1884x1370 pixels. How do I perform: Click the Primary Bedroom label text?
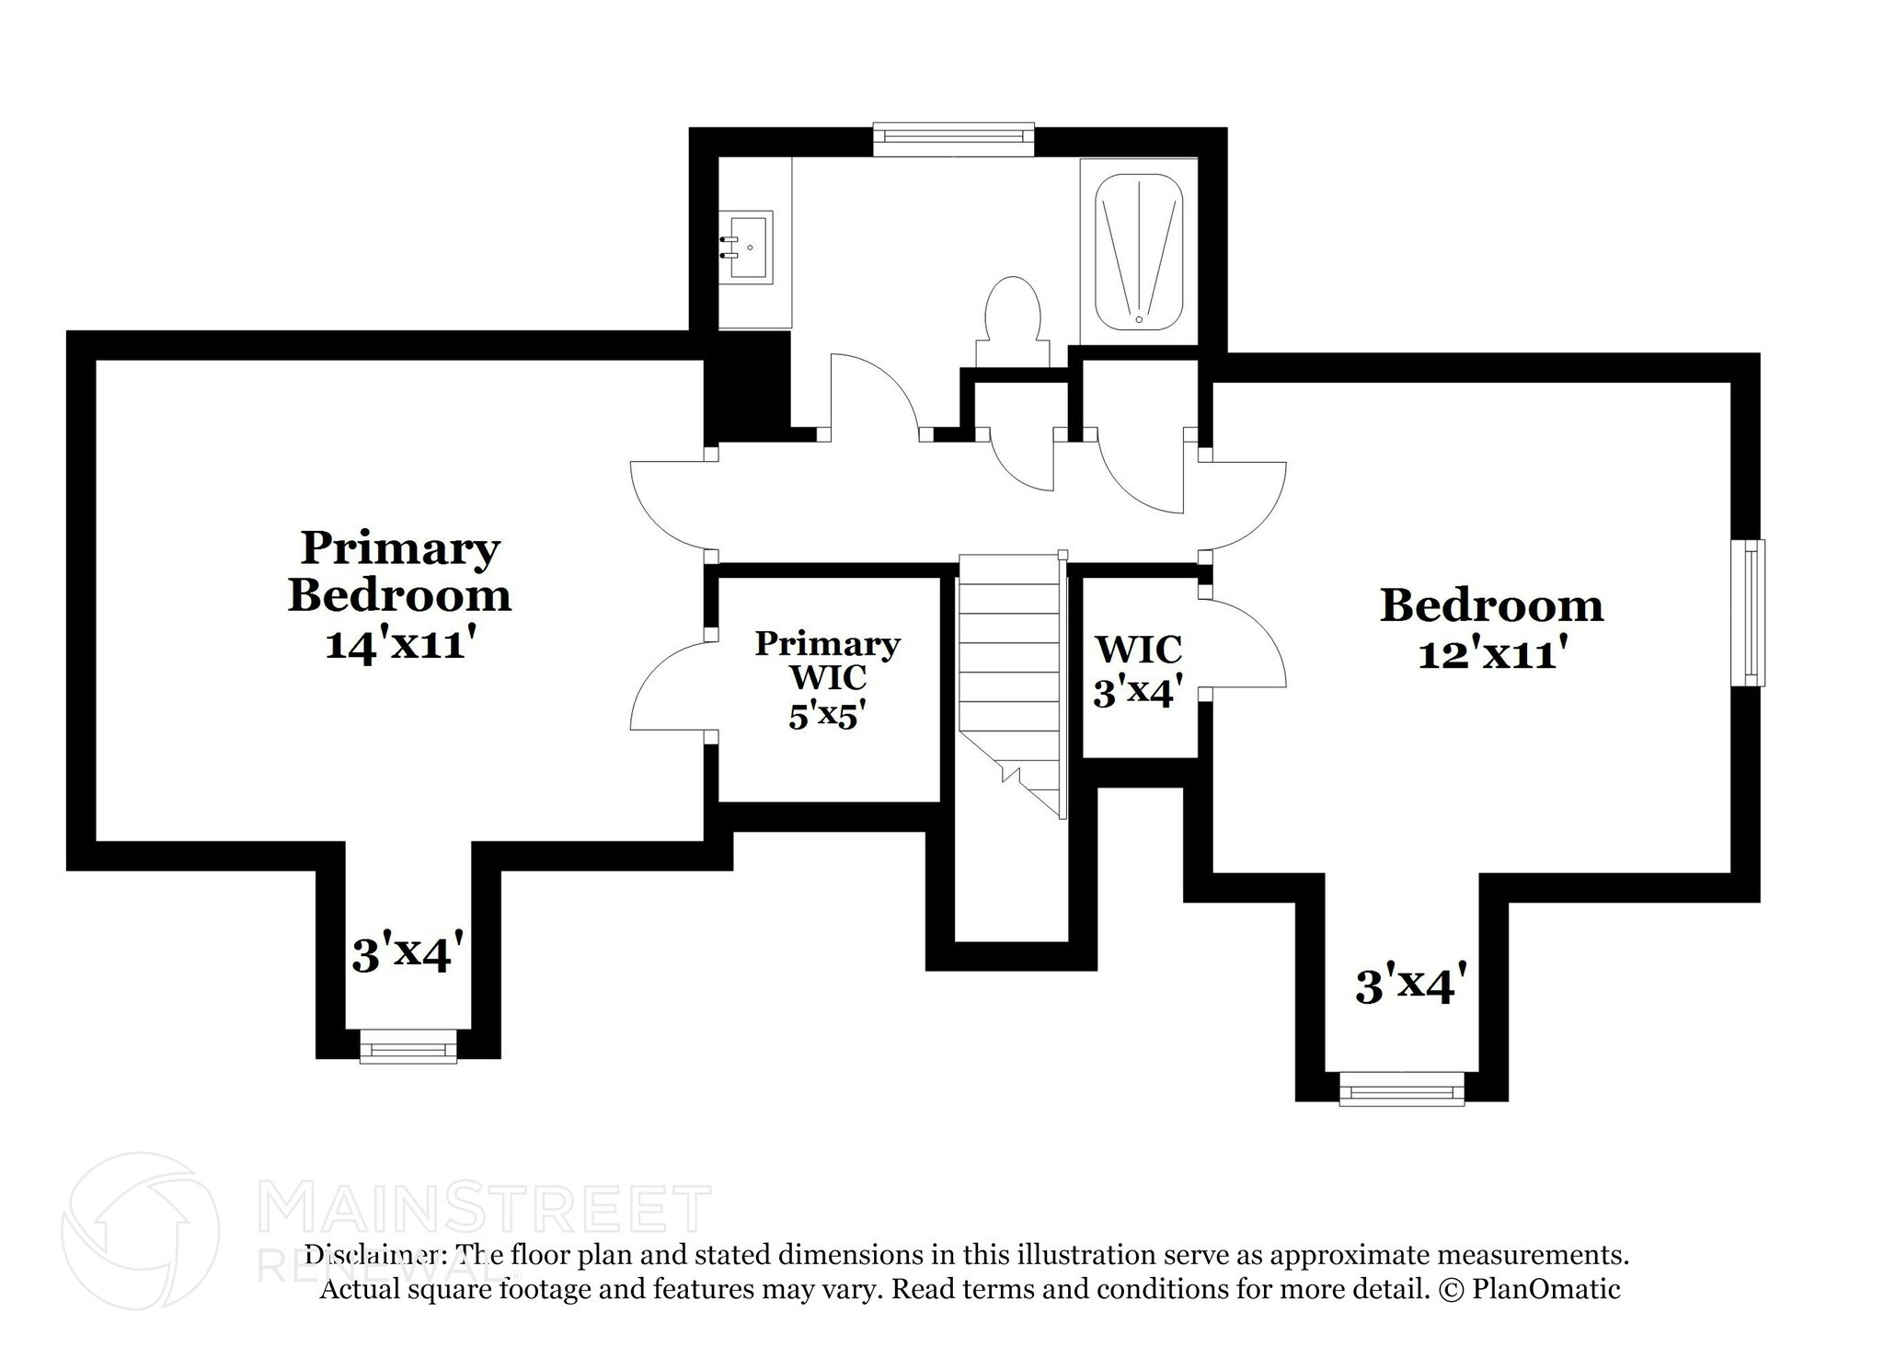(399, 571)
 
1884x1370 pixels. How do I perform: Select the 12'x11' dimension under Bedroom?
(1491, 654)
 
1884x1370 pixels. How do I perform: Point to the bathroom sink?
(746, 247)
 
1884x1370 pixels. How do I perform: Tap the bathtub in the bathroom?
(1139, 250)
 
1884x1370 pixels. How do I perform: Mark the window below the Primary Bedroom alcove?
(408, 1045)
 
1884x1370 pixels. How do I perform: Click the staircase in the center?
(1010, 681)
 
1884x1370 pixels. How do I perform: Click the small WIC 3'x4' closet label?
(1138, 670)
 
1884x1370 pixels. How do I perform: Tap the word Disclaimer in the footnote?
(370, 1255)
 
